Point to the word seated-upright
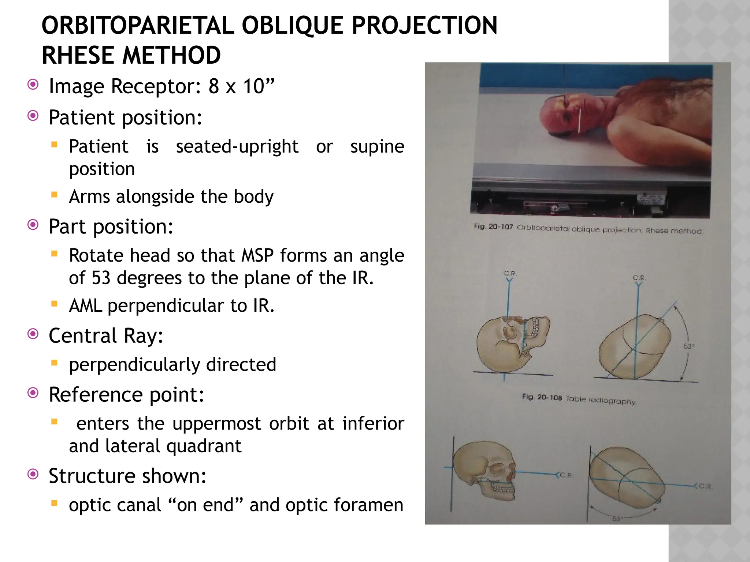point(237,147)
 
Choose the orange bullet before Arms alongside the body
point(55,195)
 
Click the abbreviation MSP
point(257,255)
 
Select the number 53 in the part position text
point(101,278)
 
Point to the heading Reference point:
point(126,395)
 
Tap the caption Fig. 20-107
point(493,227)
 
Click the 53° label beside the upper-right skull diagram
point(688,346)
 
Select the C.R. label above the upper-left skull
point(510,273)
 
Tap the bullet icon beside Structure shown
point(33,475)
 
